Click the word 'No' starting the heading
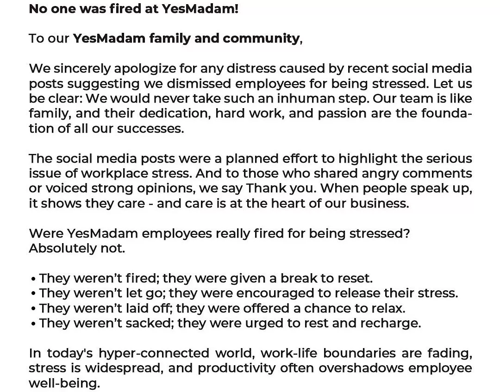click(37, 9)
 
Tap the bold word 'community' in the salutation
click(261, 38)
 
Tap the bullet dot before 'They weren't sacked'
click(33, 324)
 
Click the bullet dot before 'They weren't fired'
click(33, 279)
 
